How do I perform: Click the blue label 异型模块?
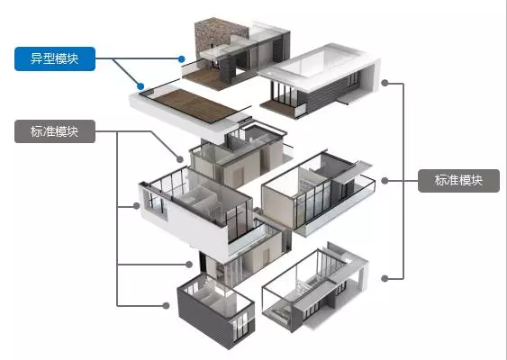[55, 58]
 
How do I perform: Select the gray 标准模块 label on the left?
[55, 131]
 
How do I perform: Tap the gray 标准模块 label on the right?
[458, 181]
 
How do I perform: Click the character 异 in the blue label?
[37, 58]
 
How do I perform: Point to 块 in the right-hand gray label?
[476, 181]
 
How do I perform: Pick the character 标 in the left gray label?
[37, 131]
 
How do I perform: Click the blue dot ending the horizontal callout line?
[181, 58]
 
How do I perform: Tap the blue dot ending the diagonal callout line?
[140, 86]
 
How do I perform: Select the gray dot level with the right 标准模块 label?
[385, 181]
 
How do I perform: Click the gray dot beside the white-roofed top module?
[385, 83]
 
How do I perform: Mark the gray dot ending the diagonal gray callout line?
[180, 159]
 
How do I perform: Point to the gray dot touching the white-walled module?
[137, 205]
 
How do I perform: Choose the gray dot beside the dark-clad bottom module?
[166, 305]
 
